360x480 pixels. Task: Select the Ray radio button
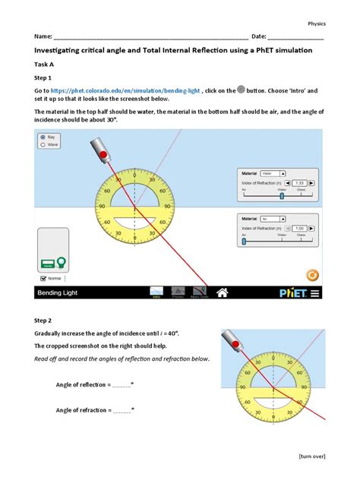pos(43,137)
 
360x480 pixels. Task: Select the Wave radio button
pos(43,144)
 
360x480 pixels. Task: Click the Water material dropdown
pos(272,173)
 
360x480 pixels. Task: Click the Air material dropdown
pos(272,217)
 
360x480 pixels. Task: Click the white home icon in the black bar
pos(223,292)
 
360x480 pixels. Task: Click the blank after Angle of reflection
pos(122,385)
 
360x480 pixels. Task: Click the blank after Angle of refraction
pos(122,410)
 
